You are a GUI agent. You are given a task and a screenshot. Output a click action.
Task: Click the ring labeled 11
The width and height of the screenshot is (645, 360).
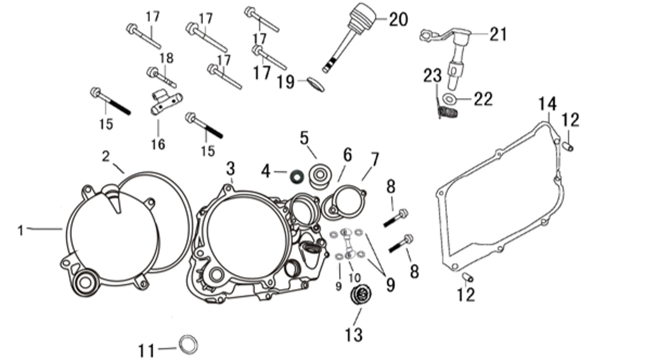tap(189, 345)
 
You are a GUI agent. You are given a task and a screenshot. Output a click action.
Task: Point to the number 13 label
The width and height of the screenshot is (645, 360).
tap(353, 334)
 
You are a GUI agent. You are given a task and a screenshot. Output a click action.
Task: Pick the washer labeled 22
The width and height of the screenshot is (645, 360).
tap(449, 99)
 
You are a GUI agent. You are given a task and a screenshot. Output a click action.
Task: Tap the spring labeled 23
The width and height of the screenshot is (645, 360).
tap(446, 112)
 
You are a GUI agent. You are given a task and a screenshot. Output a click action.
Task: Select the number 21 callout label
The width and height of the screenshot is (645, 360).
tap(498, 34)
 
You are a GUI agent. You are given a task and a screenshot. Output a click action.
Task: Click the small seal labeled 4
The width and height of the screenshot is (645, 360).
tap(296, 176)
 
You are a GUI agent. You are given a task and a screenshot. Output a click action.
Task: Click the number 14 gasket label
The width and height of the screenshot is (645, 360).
tap(547, 104)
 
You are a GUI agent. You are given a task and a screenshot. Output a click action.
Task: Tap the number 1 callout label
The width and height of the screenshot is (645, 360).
tap(20, 230)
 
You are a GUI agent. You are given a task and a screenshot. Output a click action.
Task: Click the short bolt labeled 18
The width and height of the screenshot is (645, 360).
tap(161, 76)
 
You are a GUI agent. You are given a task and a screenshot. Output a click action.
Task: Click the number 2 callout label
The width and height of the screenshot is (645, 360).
tap(105, 156)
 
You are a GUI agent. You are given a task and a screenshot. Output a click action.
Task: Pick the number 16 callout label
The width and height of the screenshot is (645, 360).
tap(158, 144)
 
